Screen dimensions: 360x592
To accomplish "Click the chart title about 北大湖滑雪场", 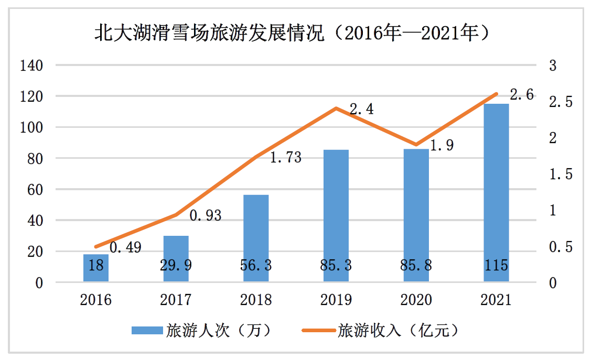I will tap(295, 34).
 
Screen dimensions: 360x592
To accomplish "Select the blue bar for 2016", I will tap(96, 268).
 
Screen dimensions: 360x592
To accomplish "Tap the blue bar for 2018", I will tap(256, 238).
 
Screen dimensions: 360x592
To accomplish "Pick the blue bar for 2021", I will tap(496, 193).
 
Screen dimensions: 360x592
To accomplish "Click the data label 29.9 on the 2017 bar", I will tap(176, 266).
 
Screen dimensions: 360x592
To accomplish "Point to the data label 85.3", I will tap(336, 266).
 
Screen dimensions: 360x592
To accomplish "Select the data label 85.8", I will tap(416, 266).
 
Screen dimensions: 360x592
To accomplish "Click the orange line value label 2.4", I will tap(361, 110).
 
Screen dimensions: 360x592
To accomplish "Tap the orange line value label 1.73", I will tap(285, 157).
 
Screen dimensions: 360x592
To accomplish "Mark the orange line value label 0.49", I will tap(125, 247).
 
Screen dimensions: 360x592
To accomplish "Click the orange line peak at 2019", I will tap(336, 108).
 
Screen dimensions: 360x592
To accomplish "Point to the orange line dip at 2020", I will tap(416, 145).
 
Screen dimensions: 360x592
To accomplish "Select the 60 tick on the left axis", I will tap(34, 190).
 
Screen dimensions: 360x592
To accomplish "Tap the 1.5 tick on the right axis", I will tap(560, 174).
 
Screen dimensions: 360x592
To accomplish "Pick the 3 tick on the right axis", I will tap(552, 66).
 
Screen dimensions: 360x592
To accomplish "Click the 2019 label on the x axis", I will tap(336, 300).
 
